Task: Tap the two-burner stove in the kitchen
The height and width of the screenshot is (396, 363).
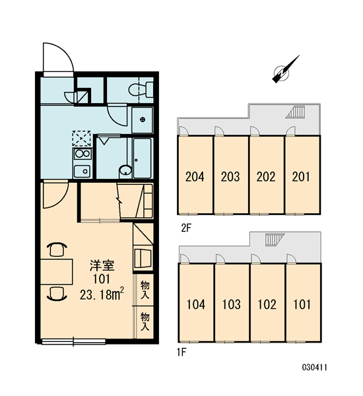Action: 82,154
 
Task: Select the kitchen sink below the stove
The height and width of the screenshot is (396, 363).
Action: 82,172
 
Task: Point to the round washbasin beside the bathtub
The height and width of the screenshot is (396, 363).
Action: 125,171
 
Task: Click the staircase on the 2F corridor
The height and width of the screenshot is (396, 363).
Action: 296,112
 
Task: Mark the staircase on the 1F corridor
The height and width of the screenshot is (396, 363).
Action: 275,239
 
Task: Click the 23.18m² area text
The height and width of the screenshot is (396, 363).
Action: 102,294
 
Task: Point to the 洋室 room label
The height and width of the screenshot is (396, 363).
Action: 102,265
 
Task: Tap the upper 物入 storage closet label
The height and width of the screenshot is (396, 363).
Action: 145,290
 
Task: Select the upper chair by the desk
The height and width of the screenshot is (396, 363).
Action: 57,249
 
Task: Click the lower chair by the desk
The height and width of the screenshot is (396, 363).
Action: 57,294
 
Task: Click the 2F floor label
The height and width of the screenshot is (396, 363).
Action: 186,228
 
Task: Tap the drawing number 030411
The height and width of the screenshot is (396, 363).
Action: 315,367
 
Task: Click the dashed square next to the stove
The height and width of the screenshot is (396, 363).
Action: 81,139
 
